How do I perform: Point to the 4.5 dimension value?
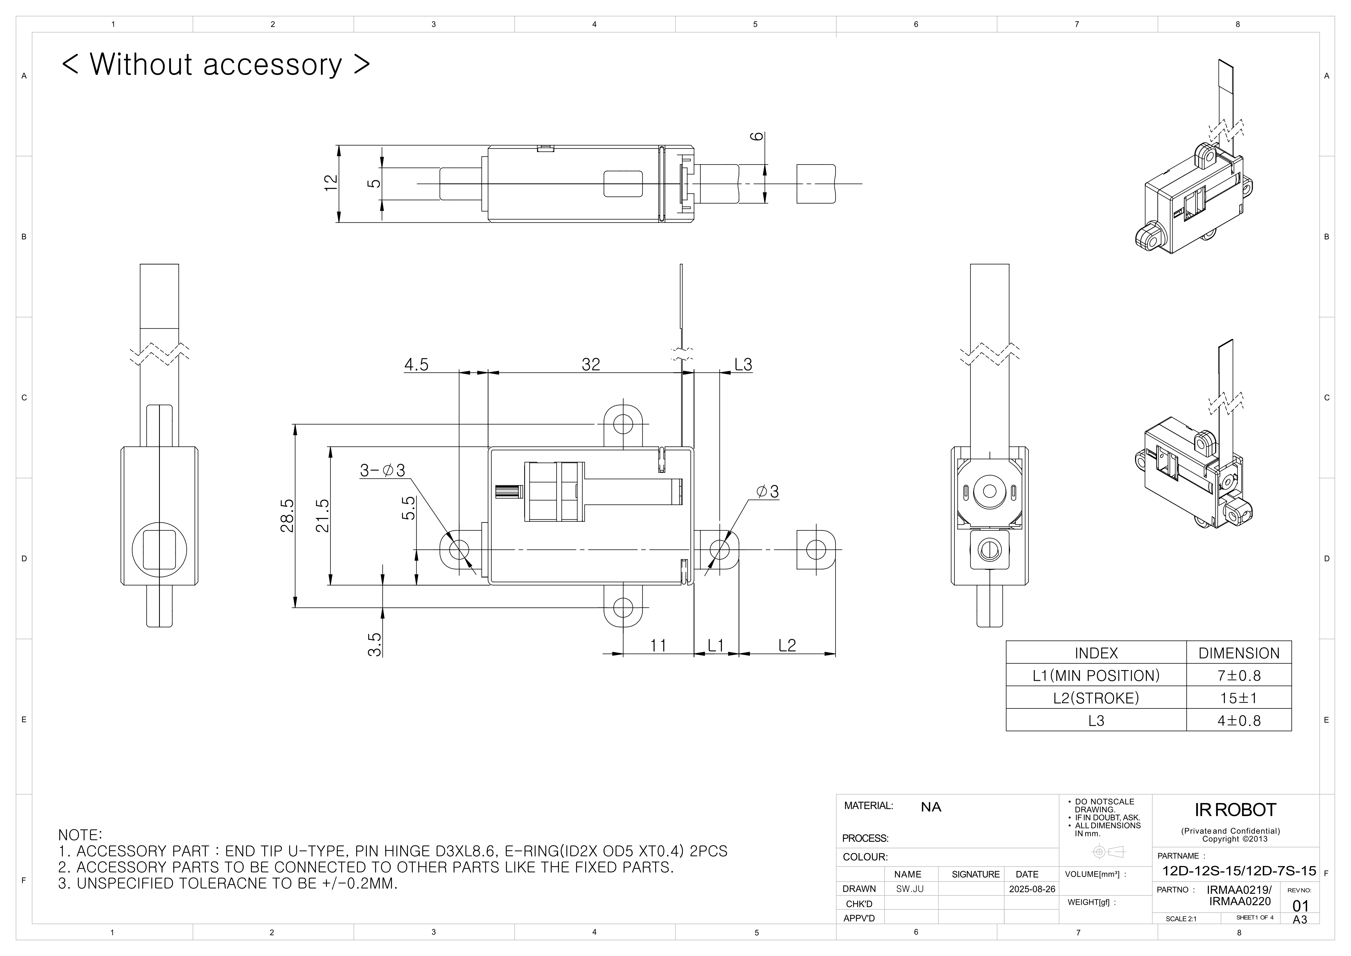pyautogui.click(x=416, y=365)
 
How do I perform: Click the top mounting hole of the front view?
pyautogui.click(x=623, y=424)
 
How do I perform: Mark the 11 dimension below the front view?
pyautogui.click(x=658, y=646)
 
